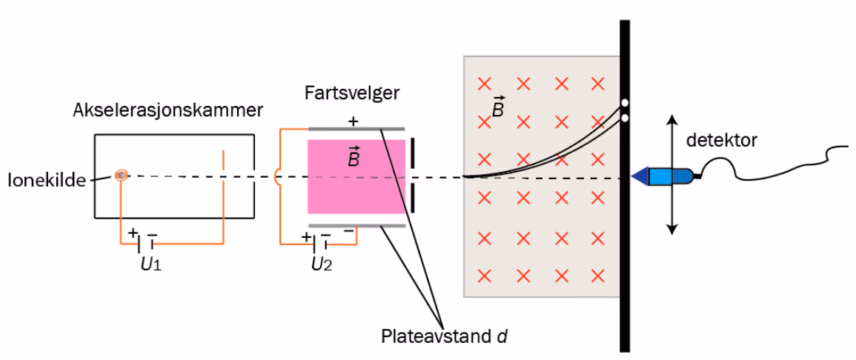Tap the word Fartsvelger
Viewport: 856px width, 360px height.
tap(351, 93)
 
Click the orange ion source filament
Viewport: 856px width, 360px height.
tap(122, 175)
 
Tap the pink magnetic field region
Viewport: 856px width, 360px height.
tap(356, 176)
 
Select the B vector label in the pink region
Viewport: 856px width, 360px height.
tap(354, 156)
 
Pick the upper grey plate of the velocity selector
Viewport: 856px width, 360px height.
tap(357, 130)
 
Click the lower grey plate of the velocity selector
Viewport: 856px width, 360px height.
tap(357, 224)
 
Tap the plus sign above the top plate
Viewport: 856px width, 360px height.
tap(354, 121)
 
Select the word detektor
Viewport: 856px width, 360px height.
tap(722, 141)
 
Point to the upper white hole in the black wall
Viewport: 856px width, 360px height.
tap(625, 102)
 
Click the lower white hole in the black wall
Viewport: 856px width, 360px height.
tap(625, 117)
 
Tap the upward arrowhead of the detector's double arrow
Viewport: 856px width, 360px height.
tap(672, 119)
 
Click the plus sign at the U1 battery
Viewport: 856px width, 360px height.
tap(133, 233)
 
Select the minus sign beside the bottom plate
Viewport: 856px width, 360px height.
tap(348, 231)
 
